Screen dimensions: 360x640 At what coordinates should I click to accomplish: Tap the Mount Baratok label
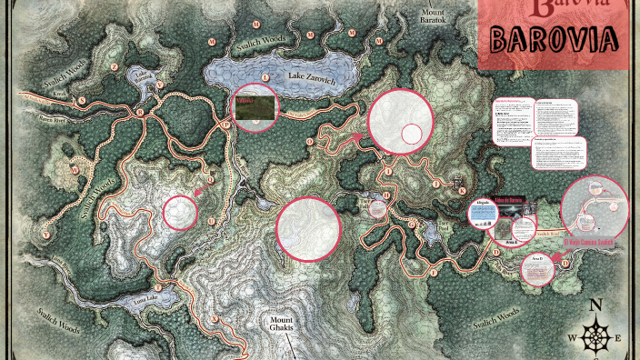click(x=434, y=15)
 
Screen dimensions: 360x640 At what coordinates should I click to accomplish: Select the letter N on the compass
click(x=596, y=305)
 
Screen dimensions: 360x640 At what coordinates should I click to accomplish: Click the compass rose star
click(x=596, y=337)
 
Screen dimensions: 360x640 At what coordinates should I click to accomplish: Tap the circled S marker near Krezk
click(x=81, y=100)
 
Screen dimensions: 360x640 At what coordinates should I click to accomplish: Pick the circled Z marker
click(x=115, y=66)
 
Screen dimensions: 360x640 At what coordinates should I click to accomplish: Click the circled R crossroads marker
click(x=141, y=112)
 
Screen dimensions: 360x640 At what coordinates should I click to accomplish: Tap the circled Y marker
click(x=45, y=235)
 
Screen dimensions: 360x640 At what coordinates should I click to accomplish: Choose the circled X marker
click(x=215, y=318)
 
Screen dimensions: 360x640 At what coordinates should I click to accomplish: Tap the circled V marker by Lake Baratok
click(x=158, y=85)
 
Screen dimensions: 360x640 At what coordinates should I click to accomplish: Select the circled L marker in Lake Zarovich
click(x=265, y=78)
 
